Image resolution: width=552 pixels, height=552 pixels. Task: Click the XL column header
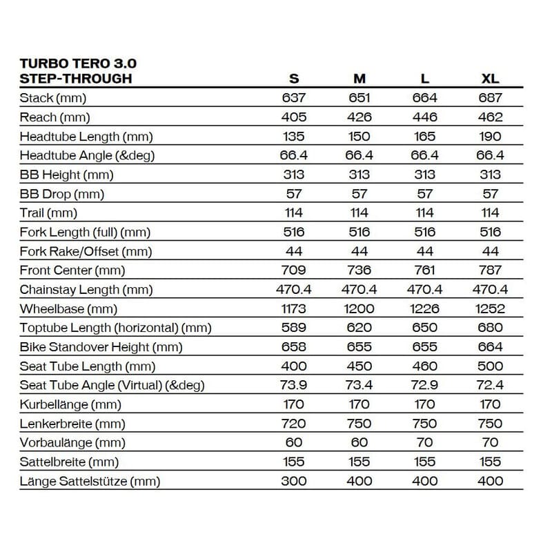[x=490, y=79]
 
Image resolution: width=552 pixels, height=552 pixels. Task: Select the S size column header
[x=294, y=79]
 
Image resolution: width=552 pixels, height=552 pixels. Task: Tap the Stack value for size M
[x=359, y=98]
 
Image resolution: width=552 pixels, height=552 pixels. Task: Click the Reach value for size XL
[x=490, y=117]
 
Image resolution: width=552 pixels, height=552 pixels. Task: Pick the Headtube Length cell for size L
[x=425, y=137]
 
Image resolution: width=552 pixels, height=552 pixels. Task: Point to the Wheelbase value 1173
[x=294, y=309]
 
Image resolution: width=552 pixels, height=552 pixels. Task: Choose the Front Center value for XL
[x=490, y=270]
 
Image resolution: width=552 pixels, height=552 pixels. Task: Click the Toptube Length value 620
[x=359, y=328]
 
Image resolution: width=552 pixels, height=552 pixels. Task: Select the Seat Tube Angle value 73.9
[x=294, y=386]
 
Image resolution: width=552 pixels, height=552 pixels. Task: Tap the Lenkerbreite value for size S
[x=294, y=424]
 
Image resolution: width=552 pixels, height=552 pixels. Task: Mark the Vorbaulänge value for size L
[x=425, y=443]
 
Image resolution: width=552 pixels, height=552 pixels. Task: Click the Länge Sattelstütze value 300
[x=294, y=481]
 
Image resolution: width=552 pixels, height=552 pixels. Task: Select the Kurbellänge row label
[x=70, y=405]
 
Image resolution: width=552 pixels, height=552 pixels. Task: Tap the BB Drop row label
[x=61, y=194]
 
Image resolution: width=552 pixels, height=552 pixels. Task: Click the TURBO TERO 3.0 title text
[x=78, y=63]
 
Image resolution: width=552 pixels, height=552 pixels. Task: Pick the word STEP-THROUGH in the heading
[x=76, y=79]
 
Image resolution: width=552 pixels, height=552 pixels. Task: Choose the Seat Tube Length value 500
[x=490, y=366]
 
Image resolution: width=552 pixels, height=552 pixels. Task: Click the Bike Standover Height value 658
[x=294, y=347]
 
